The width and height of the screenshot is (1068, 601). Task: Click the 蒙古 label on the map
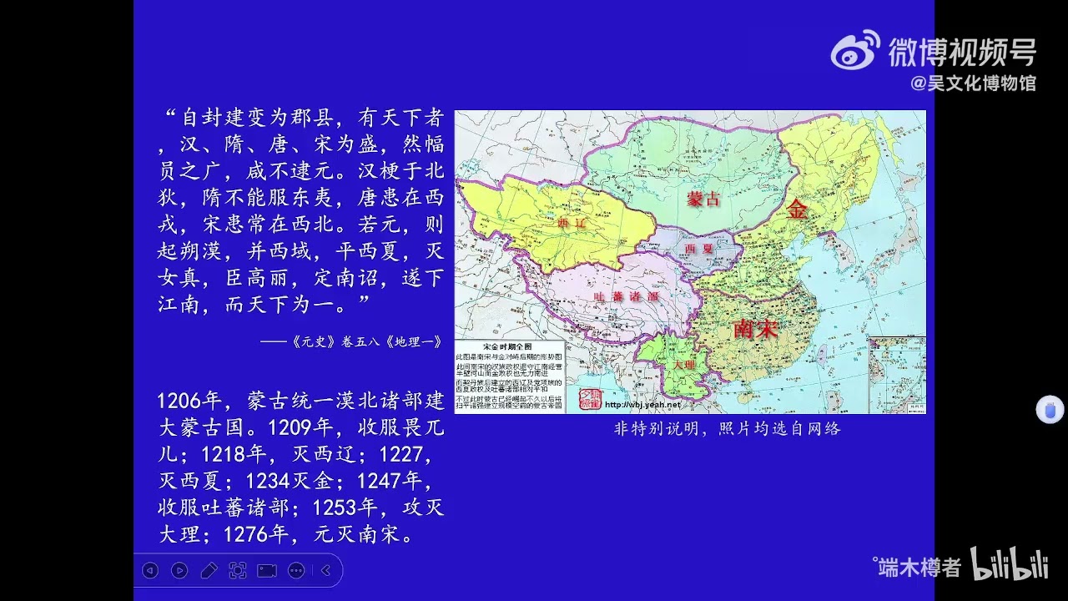[x=703, y=198]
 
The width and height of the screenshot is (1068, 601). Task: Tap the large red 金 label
[x=797, y=210]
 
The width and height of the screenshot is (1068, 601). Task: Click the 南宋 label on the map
[x=755, y=329]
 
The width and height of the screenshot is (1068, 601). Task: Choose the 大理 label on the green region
[x=683, y=365]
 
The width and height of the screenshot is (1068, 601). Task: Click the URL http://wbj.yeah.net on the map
[x=642, y=405]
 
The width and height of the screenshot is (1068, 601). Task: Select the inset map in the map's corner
[x=897, y=374]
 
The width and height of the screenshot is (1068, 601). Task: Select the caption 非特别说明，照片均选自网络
[x=727, y=429]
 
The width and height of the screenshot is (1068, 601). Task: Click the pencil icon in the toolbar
[x=209, y=570]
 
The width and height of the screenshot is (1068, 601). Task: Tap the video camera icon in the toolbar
[x=267, y=570]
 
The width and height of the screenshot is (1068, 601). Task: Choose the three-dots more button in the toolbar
[x=296, y=570]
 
